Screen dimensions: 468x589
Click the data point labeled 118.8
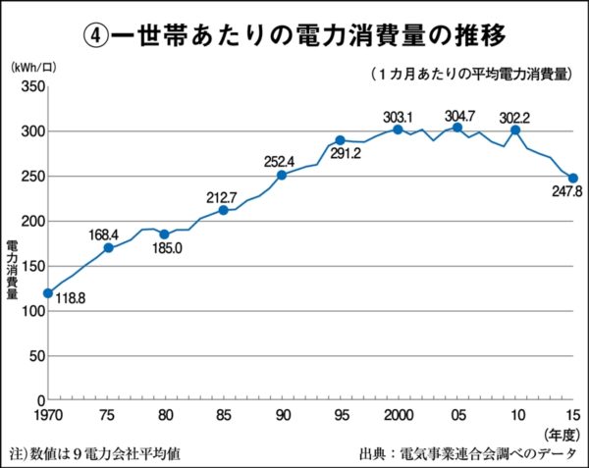pos(47,293)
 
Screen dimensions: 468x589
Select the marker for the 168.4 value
pos(108,247)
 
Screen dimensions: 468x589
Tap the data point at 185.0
pos(164,234)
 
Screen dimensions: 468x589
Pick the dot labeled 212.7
pos(224,210)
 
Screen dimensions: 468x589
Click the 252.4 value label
pos(280,162)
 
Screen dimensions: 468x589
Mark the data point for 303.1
pos(398,130)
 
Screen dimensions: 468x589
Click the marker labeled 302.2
pos(515,130)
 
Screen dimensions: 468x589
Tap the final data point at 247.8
pos(573,179)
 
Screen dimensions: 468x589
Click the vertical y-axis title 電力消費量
pos(12,268)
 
